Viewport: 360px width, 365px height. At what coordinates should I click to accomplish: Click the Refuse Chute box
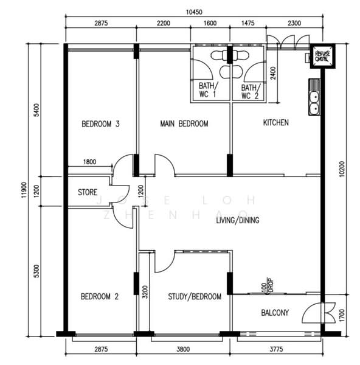click(322, 57)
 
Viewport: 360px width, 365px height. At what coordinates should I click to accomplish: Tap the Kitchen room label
click(275, 122)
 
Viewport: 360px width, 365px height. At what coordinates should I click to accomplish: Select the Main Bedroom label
click(184, 123)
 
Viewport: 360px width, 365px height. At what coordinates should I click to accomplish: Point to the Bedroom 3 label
click(100, 123)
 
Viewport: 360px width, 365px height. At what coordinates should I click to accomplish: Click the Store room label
click(88, 192)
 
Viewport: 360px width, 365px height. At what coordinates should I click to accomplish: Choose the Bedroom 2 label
click(100, 296)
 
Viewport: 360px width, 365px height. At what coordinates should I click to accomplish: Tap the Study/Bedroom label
click(195, 296)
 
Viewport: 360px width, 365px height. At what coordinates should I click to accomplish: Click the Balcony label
click(275, 313)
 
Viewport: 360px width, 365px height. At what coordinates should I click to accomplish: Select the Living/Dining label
click(238, 220)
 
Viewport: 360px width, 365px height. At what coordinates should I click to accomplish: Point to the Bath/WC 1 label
click(208, 90)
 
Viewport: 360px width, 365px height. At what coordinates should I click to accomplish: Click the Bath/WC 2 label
click(250, 92)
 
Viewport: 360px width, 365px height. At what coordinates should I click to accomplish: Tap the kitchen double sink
click(314, 97)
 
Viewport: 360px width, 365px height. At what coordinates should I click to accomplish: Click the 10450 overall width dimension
click(194, 12)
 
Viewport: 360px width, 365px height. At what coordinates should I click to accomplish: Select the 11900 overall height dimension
click(24, 190)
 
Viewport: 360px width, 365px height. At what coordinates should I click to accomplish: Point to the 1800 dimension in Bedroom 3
click(89, 162)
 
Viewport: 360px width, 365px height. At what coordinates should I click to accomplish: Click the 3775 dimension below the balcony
click(276, 349)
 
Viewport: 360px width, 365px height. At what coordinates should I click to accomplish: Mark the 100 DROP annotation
click(267, 285)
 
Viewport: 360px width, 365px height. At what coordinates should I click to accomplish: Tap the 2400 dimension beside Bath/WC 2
click(273, 73)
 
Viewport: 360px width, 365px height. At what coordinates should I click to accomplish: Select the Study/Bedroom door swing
click(165, 262)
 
